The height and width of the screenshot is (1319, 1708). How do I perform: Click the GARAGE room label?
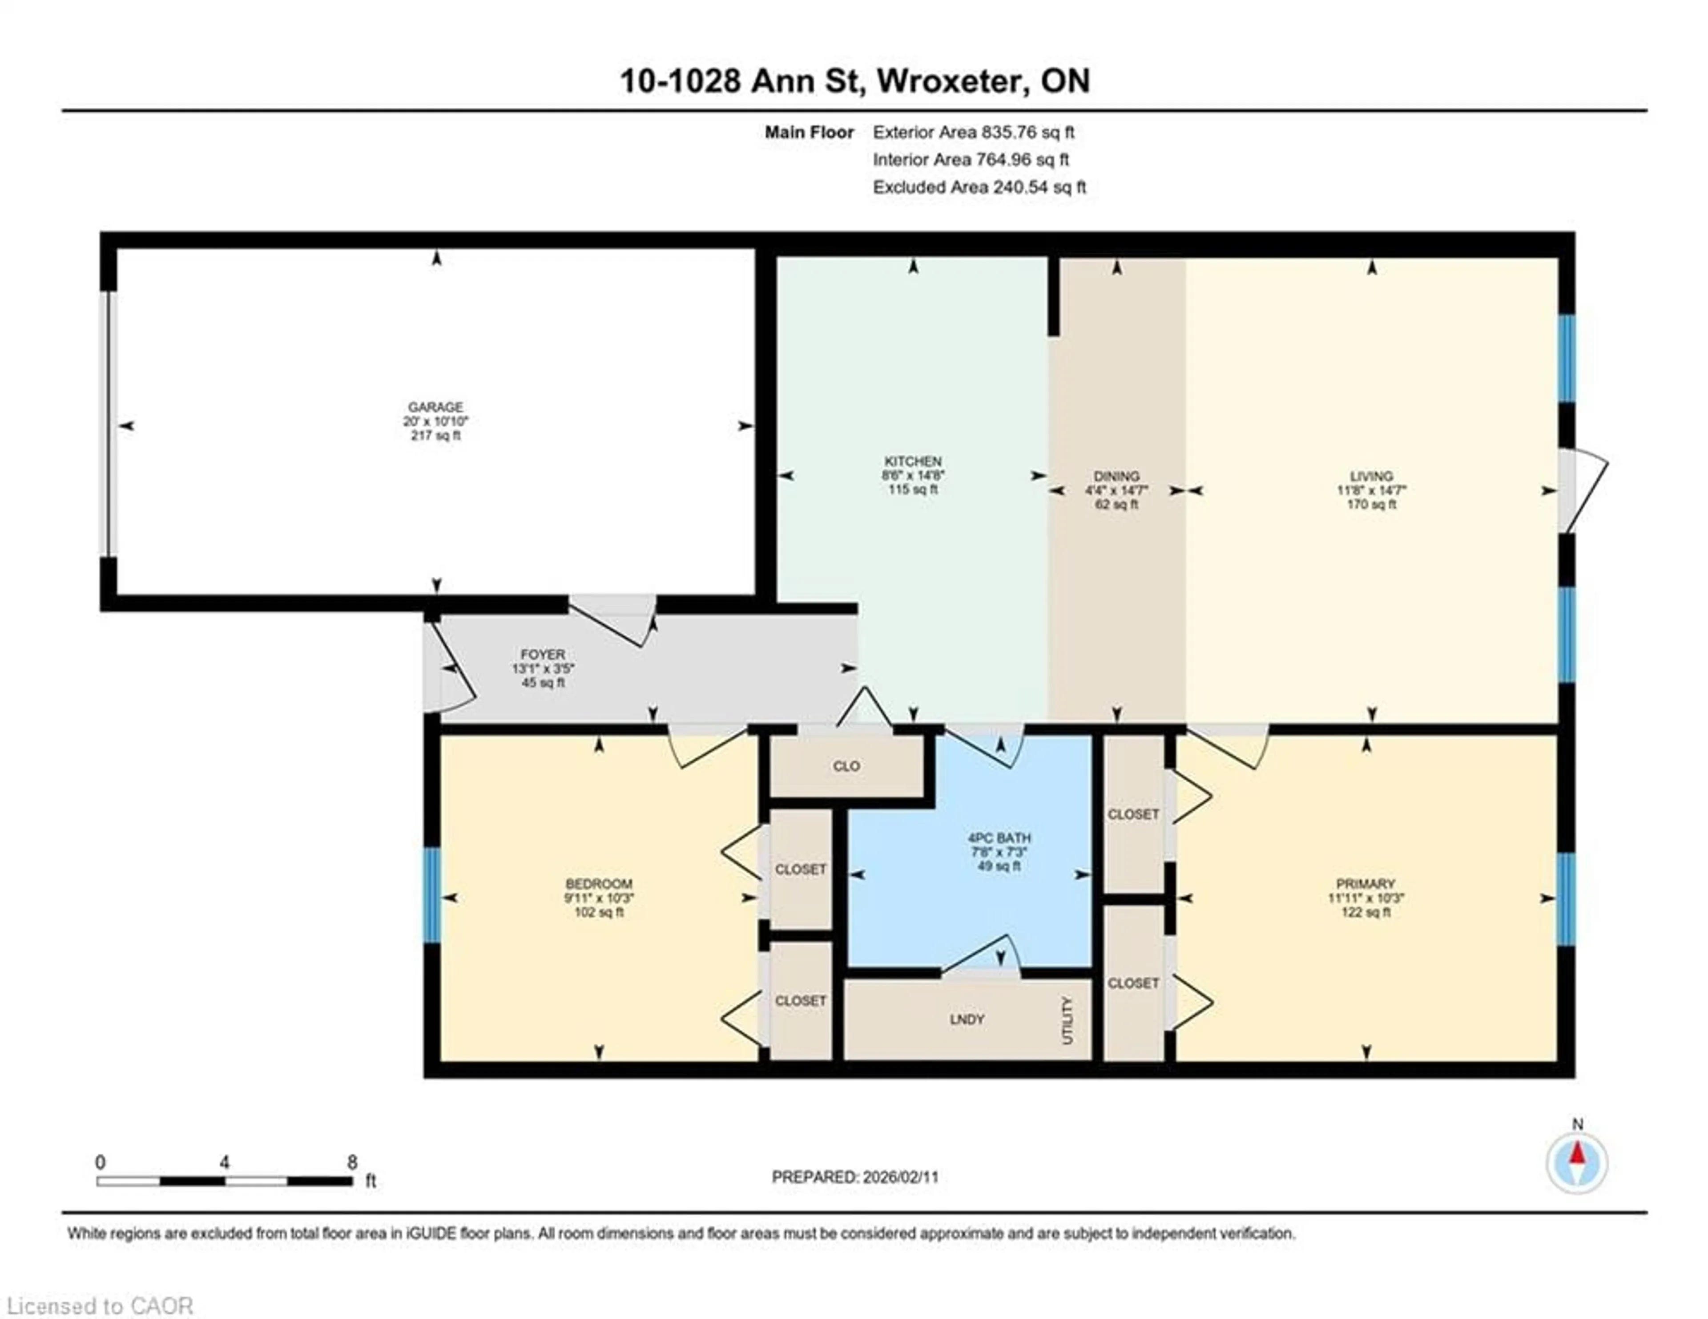coord(435,407)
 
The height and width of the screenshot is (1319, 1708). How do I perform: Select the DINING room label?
coord(1116,476)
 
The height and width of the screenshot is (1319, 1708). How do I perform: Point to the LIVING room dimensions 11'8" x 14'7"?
coord(1371,490)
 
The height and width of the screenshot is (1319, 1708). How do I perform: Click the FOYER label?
coord(543,654)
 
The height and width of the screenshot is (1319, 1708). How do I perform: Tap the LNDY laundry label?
coord(967,1020)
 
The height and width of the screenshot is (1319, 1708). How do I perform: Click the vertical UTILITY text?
coord(1067,1020)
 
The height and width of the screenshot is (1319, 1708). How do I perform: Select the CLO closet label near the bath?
coord(846,766)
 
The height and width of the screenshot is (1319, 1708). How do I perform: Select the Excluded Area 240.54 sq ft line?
coord(979,187)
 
